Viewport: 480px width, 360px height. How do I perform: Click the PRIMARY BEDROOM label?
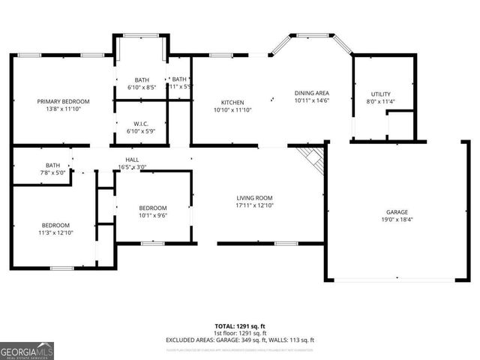pyautogui.click(x=64, y=101)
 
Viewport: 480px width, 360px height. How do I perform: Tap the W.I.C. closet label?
pyautogui.click(x=142, y=124)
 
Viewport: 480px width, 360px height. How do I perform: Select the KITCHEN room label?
pyautogui.click(x=232, y=103)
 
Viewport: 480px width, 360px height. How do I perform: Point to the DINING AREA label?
pyautogui.click(x=311, y=92)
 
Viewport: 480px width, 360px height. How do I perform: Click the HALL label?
pyautogui.click(x=132, y=159)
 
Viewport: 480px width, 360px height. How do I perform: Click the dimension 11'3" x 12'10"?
pyautogui.click(x=55, y=233)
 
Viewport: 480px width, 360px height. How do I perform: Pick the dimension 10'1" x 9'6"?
pyautogui.click(x=152, y=215)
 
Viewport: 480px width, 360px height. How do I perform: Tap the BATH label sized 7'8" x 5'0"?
pyautogui.click(x=52, y=165)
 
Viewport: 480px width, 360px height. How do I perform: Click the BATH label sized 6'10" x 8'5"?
pyautogui.click(x=142, y=80)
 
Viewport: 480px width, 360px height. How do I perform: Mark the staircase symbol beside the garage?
pyautogui.click(x=310, y=157)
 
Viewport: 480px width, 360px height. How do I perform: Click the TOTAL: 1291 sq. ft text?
pyautogui.click(x=240, y=326)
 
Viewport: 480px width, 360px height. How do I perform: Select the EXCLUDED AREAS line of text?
pyautogui.click(x=240, y=340)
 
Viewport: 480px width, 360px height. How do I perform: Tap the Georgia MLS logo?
pyautogui.click(x=27, y=350)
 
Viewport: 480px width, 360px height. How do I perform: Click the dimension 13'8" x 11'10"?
pyautogui.click(x=64, y=109)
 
